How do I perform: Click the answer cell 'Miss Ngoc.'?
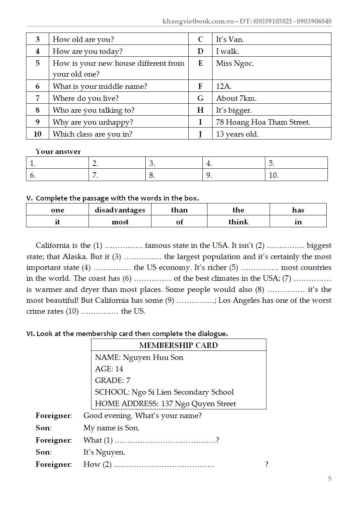tap(235, 64)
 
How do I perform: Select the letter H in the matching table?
tap(200, 110)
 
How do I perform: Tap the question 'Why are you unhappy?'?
tap(93, 122)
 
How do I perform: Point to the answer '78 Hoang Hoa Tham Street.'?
tap(263, 122)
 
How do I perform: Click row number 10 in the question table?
tap(38, 134)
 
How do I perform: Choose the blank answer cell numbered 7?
tap(117, 175)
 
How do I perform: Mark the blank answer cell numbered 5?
tap(296, 163)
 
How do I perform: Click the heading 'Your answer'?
tap(58, 151)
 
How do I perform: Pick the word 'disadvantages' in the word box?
tap(120, 210)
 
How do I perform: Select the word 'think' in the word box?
tap(239, 222)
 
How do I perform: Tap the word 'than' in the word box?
tap(179, 210)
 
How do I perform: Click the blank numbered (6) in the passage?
tap(153, 279)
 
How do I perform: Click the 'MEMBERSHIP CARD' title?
tap(179, 345)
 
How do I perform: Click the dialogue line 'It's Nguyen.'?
tap(104, 452)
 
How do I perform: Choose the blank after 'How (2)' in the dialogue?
tap(164, 465)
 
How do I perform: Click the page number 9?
tap(329, 479)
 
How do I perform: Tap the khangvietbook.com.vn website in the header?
tap(198, 21)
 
